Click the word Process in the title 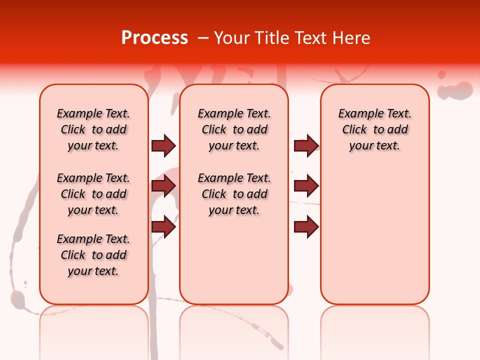pos(154,38)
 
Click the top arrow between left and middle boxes pos(163,146)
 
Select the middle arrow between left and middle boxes pos(163,186)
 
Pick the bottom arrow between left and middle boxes pos(163,227)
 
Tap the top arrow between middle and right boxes pos(306,146)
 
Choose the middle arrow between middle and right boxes pos(306,186)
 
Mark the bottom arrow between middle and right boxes pos(306,227)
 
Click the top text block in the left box pos(93,129)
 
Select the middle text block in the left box pos(93,194)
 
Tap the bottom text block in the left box pos(93,255)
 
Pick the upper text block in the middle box pos(234,129)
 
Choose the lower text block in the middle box pos(234,194)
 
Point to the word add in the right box pos(397,130)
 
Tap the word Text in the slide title pos(312,38)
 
